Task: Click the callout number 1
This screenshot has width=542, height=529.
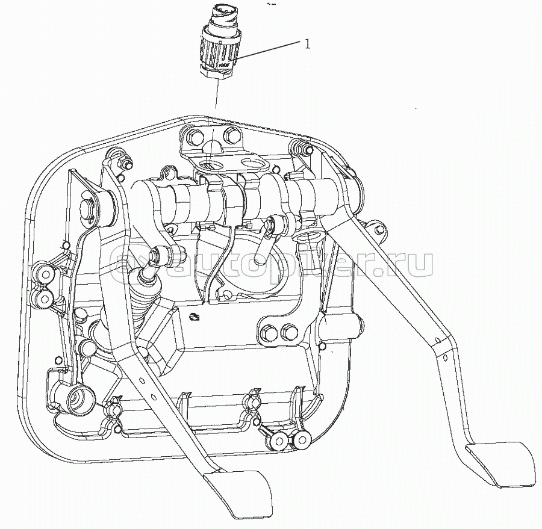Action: [307, 43]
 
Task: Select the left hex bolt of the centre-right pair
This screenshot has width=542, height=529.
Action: [269, 330]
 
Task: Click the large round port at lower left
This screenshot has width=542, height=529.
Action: [76, 397]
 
